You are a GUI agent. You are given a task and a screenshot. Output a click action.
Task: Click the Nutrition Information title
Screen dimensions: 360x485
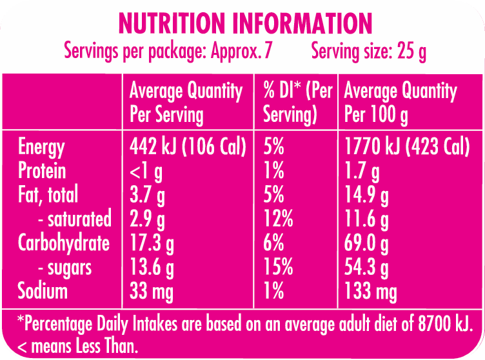(x=246, y=24)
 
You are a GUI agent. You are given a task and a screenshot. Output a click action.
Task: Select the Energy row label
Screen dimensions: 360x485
(x=41, y=147)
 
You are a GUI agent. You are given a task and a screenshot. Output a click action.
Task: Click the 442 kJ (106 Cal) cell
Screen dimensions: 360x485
(x=188, y=148)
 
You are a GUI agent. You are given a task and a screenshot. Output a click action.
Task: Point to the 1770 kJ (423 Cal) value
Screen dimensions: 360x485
(x=407, y=148)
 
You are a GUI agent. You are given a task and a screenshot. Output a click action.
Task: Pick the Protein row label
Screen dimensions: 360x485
(x=42, y=171)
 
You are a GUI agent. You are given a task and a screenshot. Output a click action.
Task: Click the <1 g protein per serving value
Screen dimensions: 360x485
(x=147, y=172)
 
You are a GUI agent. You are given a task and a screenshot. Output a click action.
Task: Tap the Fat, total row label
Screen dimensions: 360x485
(x=48, y=195)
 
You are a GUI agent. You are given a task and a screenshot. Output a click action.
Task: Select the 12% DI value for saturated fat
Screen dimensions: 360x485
(x=278, y=219)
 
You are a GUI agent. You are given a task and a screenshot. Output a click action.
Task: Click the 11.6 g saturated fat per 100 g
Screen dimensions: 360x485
(x=367, y=219)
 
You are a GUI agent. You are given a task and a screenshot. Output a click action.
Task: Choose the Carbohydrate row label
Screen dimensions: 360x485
(x=64, y=243)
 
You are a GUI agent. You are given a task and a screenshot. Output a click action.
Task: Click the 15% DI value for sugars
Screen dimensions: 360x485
(x=279, y=267)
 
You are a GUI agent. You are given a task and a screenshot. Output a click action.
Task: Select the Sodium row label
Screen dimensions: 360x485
(x=43, y=291)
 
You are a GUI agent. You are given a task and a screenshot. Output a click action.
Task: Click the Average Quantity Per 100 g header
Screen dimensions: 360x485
(x=400, y=103)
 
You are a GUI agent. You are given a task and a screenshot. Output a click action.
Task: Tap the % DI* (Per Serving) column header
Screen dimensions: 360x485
(x=297, y=103)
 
